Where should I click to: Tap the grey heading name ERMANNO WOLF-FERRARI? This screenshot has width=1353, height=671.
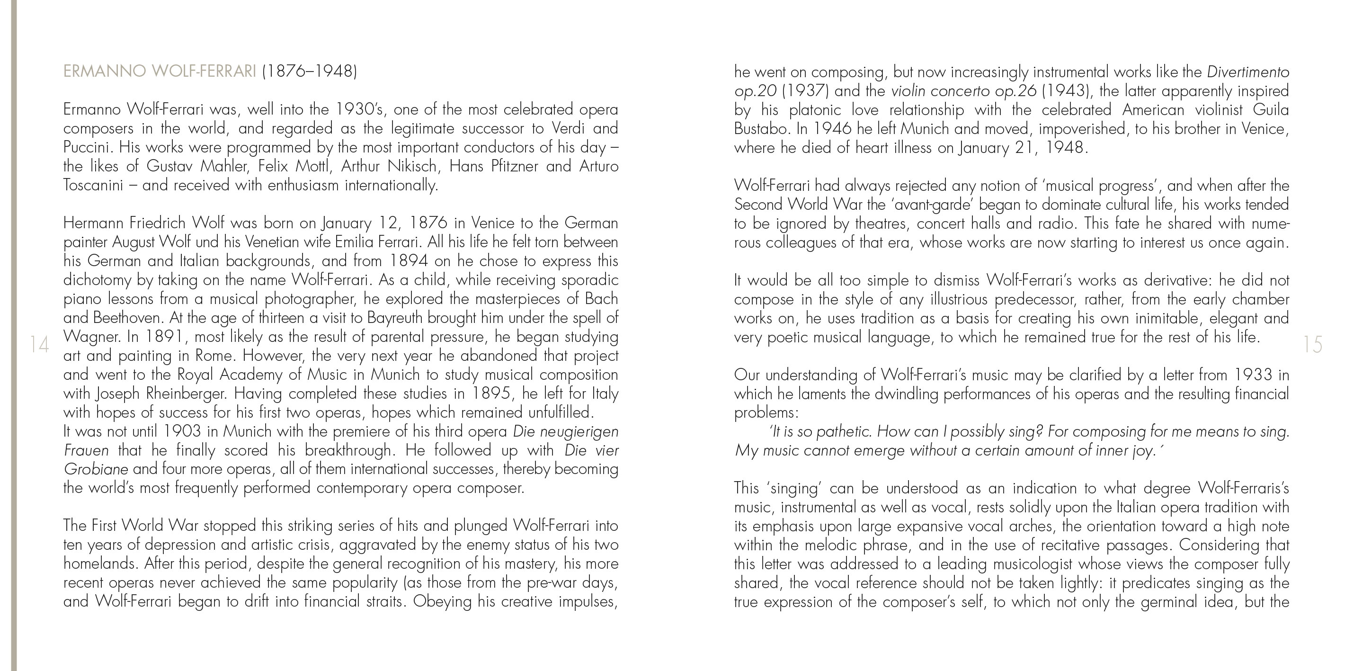point(160,71)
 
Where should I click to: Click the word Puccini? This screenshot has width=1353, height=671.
point(86,148)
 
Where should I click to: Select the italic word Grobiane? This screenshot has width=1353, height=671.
point(96,469)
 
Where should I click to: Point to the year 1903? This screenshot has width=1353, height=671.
point(182,431)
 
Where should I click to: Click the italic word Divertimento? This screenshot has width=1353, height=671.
point(1248,72)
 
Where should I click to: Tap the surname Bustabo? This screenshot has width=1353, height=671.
point(763,129)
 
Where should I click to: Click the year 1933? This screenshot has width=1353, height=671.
point(1253,375)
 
